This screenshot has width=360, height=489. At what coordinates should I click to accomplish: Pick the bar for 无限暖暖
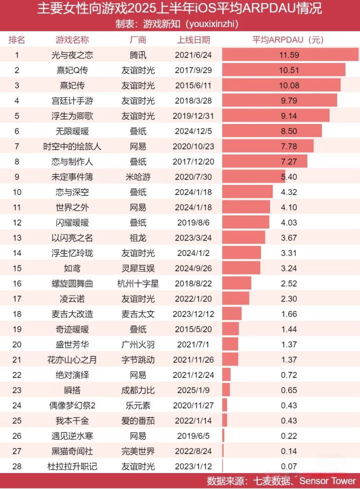tap(272, 131)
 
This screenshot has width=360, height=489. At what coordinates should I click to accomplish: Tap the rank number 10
tap(17, 192)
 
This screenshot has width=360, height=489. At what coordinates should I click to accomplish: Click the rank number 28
tap(17, 467)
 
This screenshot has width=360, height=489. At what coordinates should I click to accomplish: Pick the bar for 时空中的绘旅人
tap(268, 146)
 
